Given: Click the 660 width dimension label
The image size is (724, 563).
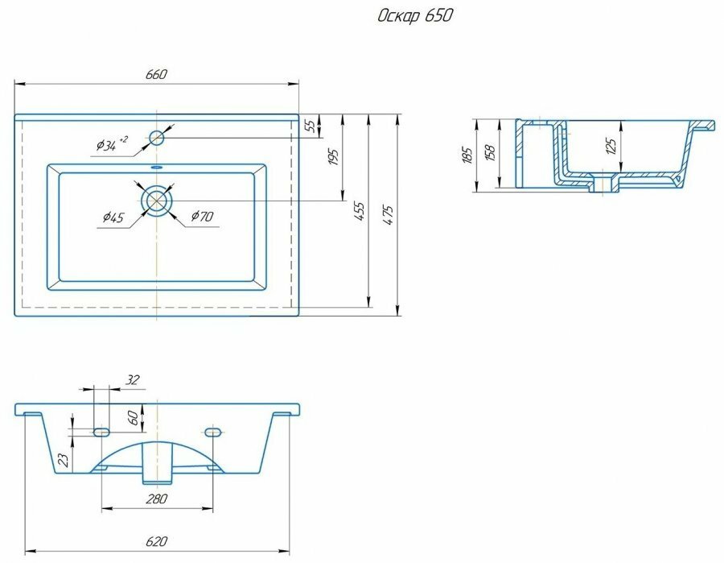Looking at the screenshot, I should (156, 75).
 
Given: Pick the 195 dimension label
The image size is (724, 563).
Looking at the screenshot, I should (335, 157).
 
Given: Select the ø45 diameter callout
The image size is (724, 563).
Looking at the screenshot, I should (112, 217).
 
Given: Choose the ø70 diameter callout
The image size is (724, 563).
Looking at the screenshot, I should (200, 216).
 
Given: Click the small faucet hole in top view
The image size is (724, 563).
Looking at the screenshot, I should (156, 138).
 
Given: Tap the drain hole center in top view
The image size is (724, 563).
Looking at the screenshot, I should (156, 201).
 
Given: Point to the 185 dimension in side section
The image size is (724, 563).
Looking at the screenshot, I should (467, 155).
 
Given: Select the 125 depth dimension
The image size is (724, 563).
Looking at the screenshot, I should (611, 146).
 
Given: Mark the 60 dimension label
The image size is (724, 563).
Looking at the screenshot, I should (133, 418).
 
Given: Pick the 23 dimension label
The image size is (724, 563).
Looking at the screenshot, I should (64, 460).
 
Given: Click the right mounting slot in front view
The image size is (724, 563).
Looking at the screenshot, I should (213, 433).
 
